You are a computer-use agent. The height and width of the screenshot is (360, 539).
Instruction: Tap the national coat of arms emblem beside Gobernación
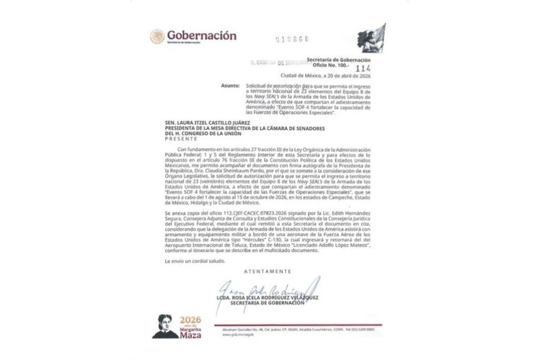point(158,36)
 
